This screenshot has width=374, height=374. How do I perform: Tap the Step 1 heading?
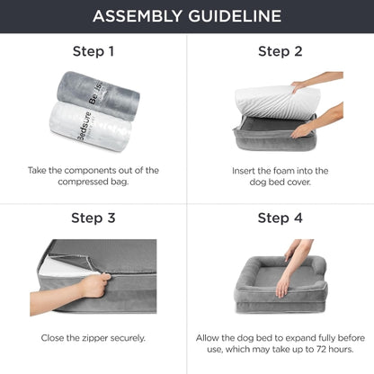[x=93, y=51]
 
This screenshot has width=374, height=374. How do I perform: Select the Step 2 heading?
[x=280, y=51]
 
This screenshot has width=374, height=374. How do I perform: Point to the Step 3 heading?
[x=93, y=218]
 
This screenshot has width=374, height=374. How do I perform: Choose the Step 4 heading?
[x=280, y=218]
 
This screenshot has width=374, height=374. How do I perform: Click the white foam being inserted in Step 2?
[x=270, y=103]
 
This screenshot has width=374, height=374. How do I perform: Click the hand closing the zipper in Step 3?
[x=90, y=287]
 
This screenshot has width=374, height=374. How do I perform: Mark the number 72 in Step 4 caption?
[x=312, y=350]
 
